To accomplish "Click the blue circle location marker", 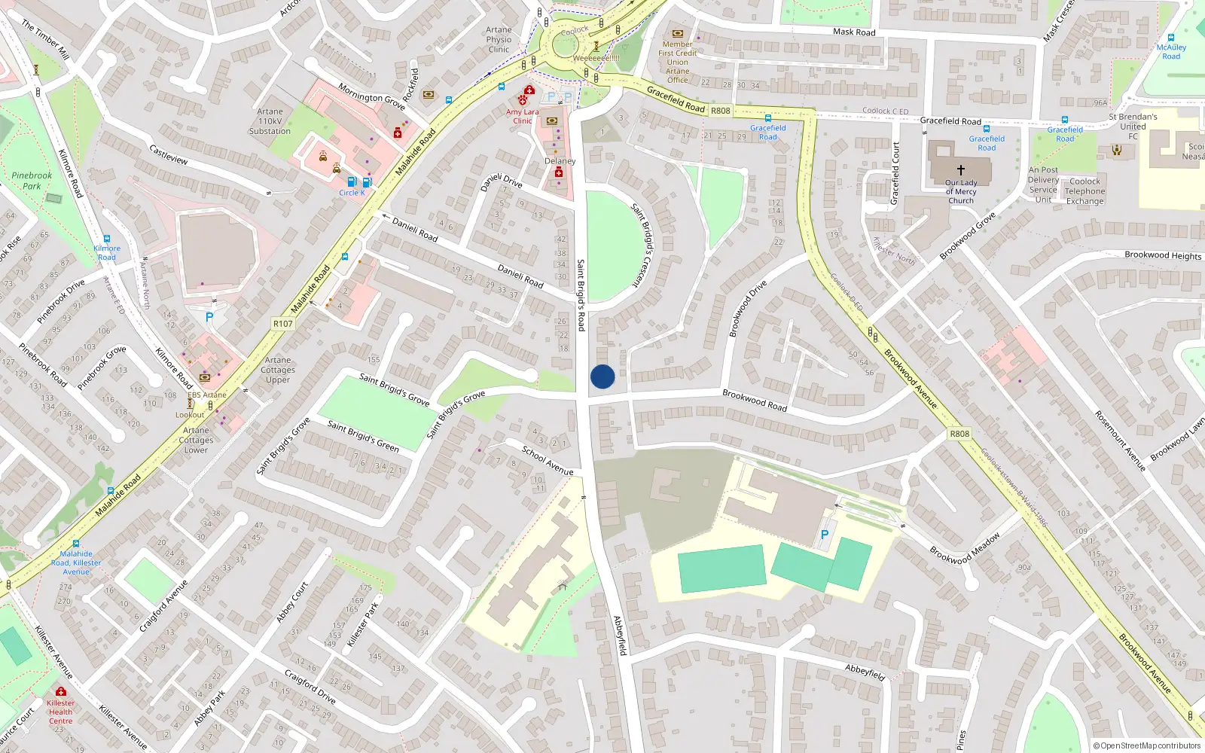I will pos(602,376).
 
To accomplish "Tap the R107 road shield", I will pos(283,324).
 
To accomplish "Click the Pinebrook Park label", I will pos(32,181).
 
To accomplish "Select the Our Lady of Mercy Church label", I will pos(961,192).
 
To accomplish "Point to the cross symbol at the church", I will pos(960,170).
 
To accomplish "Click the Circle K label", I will pos(352,193).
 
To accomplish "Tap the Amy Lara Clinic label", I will pos(522,116).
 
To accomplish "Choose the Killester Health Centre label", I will pos(60,712).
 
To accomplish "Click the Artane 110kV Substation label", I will pos(270,121).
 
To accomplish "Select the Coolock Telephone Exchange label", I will pos(1084,191).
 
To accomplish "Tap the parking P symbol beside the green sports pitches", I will pos(825,535).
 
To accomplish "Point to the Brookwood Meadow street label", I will pos(965,548).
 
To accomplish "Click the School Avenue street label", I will pos(548,460).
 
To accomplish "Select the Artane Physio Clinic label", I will pos(499,40).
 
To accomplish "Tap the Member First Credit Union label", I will pos(677,62).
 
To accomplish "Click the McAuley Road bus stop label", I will pos(1171,52).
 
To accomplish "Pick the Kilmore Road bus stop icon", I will pos(107,239).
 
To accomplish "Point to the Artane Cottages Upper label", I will pos(278,370).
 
